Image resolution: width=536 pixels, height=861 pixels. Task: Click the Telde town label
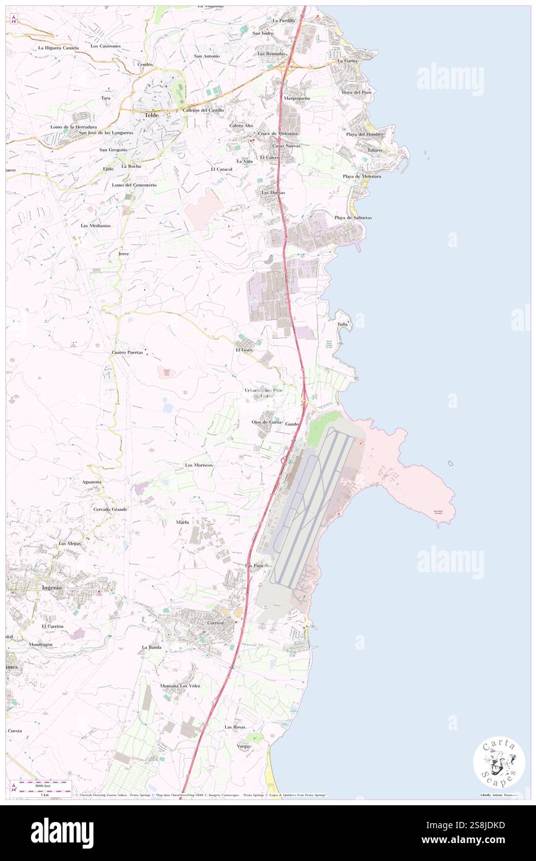(x=151, y=115)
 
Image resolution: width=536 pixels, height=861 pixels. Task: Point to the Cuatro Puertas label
(x=127, y=352)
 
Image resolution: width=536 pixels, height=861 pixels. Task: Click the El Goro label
(x=244, y=350)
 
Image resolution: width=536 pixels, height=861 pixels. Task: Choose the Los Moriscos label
(x=199, y=464)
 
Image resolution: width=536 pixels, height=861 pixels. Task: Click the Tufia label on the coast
(x=342, y=324)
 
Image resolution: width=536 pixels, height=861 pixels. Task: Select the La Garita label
(x=348, y=61)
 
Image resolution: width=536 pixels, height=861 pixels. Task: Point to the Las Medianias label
(x=95, y=225)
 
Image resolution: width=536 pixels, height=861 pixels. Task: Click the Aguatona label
(x=92, y=481)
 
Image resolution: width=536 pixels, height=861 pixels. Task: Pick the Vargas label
(x=244, y=746)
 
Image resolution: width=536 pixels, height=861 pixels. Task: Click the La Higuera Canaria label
(x=58, y=48)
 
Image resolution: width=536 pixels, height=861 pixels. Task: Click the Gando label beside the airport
(x=293, y=424)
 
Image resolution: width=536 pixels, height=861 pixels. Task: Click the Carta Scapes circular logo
(x=499, y=762)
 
